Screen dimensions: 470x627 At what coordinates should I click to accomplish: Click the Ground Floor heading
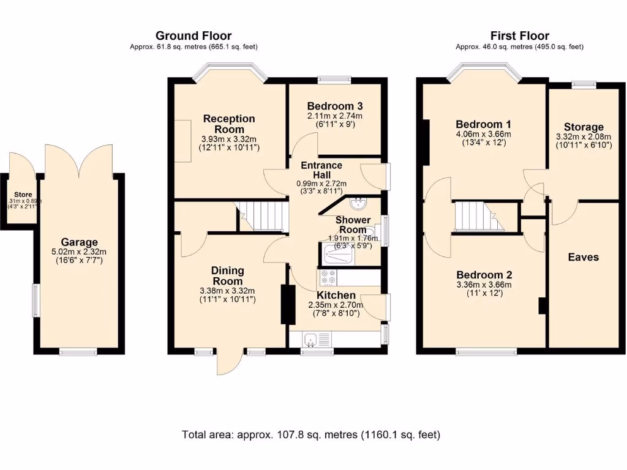193,35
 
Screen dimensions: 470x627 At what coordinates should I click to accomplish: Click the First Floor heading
519,35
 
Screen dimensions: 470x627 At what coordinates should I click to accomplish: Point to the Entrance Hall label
321,170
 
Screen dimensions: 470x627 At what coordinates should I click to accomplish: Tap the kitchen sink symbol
311,338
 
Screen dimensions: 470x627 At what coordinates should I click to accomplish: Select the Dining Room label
227,275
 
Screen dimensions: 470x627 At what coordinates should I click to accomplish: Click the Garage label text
79,242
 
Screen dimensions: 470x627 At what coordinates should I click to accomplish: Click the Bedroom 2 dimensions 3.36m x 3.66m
483,285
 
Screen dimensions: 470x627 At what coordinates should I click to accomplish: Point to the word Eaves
583,257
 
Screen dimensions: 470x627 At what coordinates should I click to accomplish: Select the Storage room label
584,127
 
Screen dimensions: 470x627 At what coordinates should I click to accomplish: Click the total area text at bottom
311,435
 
